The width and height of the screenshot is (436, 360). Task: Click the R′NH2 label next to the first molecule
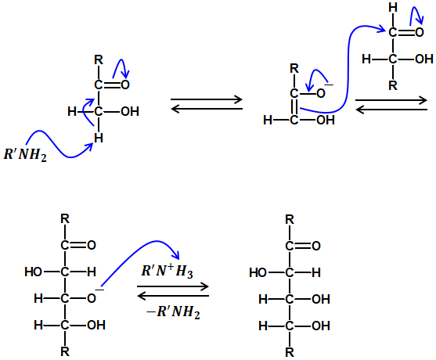click(x=25, y=154)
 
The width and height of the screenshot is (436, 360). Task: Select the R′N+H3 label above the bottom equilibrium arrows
click(x=167, y=271)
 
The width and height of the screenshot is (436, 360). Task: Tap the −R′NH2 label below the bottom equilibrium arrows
click(x=173, y=312)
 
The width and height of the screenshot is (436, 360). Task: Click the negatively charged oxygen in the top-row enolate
click(x=321, y=93)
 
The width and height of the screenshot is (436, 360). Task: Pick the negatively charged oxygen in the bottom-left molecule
click(x=92, y=298)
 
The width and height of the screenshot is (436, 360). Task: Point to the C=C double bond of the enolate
click(x=294, y=107)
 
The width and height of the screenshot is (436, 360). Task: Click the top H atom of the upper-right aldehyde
click(x=393, y=8)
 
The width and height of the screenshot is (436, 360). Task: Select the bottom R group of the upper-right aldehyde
click(x=393, y=85)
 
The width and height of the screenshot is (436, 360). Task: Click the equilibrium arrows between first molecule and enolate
click(x=207, y=104)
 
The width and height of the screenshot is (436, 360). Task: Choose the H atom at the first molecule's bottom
click(x=99, y=138)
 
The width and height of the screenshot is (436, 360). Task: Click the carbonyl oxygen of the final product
click(x=316, y=246)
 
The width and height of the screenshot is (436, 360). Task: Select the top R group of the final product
click(x=290, y=220)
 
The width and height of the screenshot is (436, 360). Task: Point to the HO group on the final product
click(x=258, y=272)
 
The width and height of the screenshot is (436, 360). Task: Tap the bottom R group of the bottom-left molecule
click(x=65, y=351)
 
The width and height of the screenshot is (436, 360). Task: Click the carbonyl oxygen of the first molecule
click(x=125, y=85)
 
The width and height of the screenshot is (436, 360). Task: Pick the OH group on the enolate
click(x=326, y=120)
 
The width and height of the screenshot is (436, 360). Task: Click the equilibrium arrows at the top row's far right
click(x=391, y=105)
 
